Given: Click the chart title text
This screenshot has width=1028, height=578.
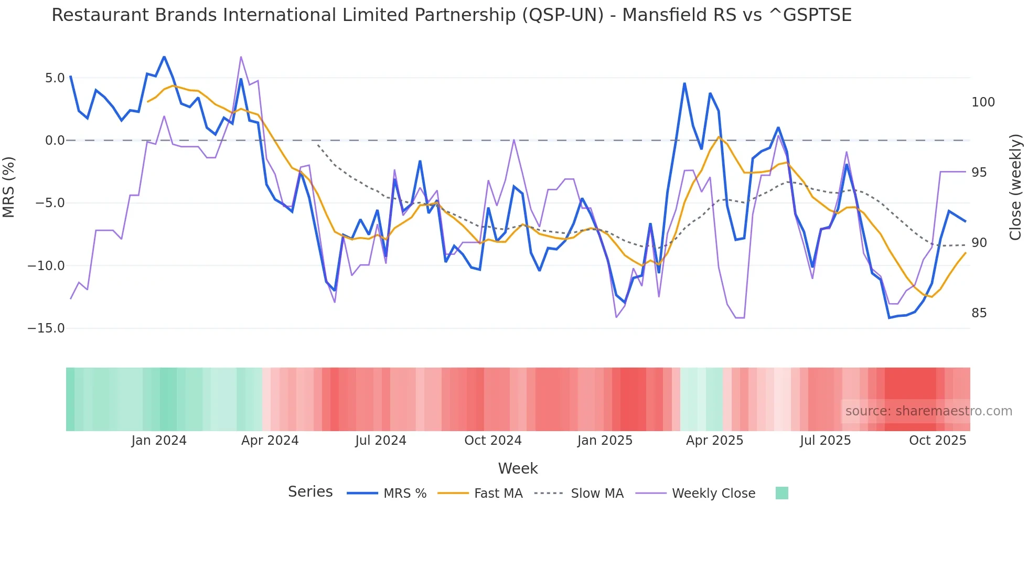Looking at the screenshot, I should click(451, 15).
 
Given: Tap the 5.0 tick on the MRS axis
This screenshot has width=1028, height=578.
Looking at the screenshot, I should click(55, 78).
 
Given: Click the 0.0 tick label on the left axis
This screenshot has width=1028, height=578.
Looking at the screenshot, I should click(55, 141).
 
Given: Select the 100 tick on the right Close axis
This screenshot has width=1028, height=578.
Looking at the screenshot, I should click(983, 102).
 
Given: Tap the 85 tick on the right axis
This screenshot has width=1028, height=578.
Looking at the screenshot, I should click(979, 313).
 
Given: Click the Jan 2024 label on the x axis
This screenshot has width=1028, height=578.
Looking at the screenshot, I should click(158, 441).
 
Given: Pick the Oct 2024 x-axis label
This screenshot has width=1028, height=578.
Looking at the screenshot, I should click(492, 441).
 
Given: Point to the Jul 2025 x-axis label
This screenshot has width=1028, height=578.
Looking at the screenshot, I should click(825, 441).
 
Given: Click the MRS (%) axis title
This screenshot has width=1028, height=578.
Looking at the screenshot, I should click(9, 187).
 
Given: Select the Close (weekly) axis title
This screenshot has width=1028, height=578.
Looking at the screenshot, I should click(1015, 187).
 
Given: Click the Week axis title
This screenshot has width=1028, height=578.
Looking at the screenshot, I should click(518, 468).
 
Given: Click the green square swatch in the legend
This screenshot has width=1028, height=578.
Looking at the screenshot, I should click(781, 493).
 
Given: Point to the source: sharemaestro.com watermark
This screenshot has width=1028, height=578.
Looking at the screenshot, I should click(928, 411).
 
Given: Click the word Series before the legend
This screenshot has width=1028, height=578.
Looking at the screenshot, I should click(310, 492).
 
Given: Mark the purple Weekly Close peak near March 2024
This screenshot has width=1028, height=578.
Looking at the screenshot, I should click(241, 57).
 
